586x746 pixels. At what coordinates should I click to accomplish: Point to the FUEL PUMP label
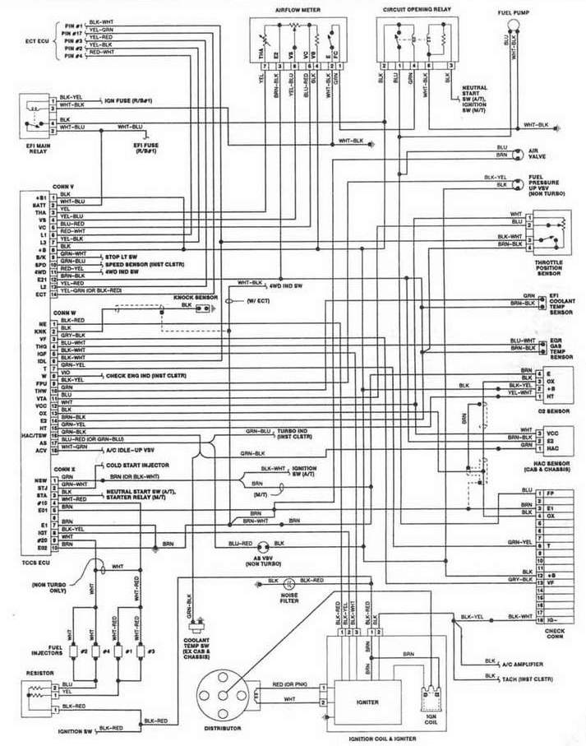click(512, 13)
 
